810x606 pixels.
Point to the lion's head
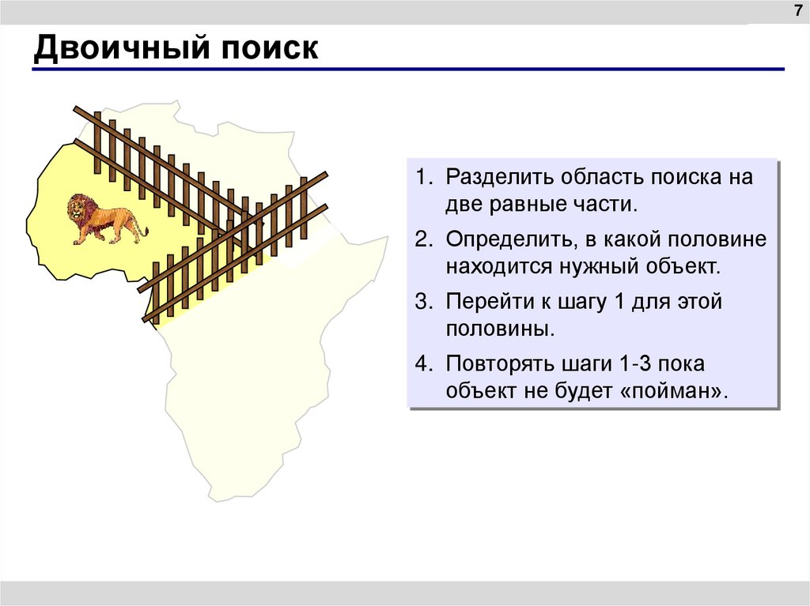pos(78,209)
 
